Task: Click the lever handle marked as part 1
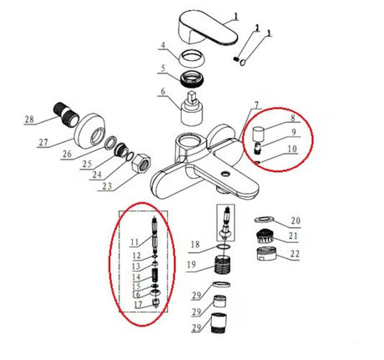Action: (207, 28)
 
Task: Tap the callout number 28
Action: (29, 119)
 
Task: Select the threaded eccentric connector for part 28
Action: (67, 115)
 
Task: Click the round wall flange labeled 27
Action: (90, 129)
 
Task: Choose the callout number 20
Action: (296, 221)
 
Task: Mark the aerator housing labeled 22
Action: (266, 253)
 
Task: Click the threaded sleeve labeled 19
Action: (223, 266)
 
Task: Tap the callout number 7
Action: (257, 105)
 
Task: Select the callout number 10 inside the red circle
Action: (292, 149)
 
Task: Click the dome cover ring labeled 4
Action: (193, 57)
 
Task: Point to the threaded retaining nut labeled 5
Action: (191, 79)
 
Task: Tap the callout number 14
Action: (136, 277)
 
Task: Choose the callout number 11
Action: (134, 242)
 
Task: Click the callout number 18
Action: (195, 245)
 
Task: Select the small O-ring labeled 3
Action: (243, 63)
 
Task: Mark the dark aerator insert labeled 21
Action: (265, 236)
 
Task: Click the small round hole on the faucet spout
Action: (225, 175)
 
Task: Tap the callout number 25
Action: (87, 164)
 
